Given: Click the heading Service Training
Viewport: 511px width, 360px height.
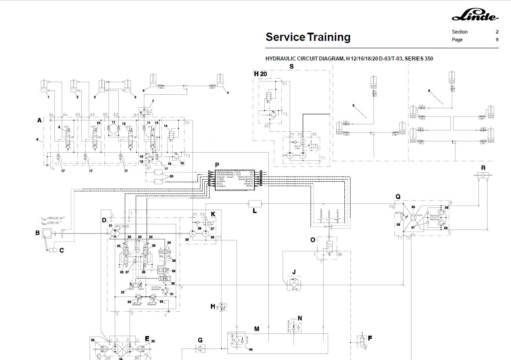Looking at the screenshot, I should pos(308,37).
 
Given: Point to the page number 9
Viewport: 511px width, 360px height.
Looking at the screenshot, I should pos(497,40).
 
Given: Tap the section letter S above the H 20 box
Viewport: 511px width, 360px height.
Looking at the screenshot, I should pos(292,67).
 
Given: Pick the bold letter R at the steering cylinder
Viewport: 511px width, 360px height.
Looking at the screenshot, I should pos(483,168).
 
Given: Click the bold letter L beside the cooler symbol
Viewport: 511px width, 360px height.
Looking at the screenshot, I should pos(255,212).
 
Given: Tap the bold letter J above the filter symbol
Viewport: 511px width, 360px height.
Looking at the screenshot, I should pos(294,272).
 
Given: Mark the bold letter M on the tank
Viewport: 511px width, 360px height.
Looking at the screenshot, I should pos(257,329).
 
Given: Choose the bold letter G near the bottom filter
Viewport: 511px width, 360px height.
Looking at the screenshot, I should pos(200,340).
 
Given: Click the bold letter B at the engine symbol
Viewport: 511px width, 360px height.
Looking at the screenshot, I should pos(37,233).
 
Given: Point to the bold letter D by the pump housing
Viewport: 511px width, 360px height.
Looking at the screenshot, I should pos(104,220).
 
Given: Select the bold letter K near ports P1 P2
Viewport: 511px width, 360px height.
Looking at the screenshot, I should pos(213,214).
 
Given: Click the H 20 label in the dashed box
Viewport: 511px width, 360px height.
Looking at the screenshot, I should pos(261,74).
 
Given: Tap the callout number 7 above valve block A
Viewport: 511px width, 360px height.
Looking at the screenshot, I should pos(153,102).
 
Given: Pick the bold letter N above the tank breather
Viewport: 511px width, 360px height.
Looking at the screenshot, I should pos(300,318).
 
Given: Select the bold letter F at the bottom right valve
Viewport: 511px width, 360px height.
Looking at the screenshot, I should pos(370,337).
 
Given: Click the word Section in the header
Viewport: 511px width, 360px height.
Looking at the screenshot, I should pos(460,32).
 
